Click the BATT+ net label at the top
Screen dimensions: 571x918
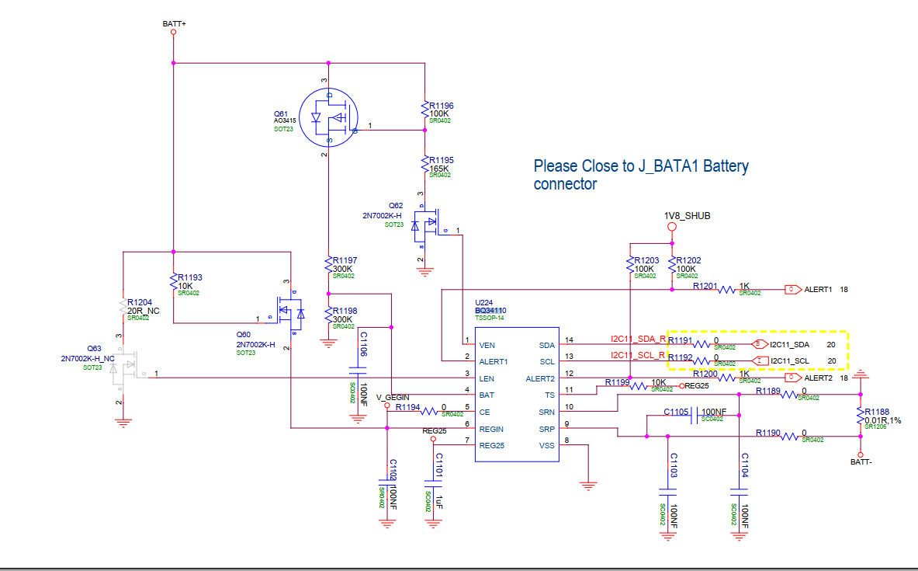click(174, 24)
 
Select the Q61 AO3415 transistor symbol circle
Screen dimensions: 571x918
click(329, 118)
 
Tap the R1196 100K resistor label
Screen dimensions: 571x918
click(442, 109)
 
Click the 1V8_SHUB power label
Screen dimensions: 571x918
click(687, 215)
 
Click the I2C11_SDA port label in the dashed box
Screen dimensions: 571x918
click(790, 343)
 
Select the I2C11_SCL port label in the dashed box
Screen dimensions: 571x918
click(790, 360)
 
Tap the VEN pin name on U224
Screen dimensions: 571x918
click(487, 344)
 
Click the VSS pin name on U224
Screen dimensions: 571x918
click(546, 445)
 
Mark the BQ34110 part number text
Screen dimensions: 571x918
click(491, 311)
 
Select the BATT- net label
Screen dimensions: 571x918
click(861, 461)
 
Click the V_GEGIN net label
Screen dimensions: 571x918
click(393, 397)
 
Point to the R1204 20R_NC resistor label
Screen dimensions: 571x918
click(143, 306)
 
